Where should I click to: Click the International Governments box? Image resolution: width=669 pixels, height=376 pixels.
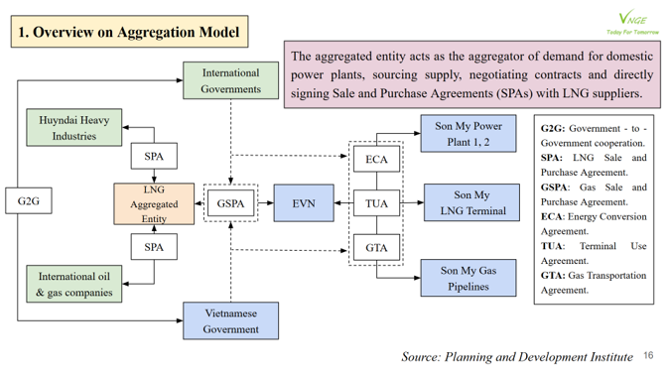[230, 80]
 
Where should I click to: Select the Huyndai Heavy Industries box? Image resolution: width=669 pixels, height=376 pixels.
[74, 128]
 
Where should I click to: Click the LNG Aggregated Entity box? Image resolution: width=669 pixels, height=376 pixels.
[154, 203]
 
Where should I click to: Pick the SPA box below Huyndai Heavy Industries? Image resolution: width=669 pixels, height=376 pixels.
[154, 156]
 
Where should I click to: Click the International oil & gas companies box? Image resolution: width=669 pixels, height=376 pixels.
[74, 284]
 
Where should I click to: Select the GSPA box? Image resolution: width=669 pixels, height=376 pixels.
[230, 204]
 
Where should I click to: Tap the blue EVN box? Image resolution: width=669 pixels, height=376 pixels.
[304, 204]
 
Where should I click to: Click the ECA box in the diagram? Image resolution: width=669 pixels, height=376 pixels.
[376, 160]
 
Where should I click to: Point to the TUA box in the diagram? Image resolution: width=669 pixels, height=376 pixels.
[376, 204]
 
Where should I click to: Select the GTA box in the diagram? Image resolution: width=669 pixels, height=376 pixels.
[376, 248]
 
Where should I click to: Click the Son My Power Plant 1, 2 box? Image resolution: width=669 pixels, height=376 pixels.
[469, 133]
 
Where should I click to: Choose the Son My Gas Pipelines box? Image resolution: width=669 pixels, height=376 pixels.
[471, 278]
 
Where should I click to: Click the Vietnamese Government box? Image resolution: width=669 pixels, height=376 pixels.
[230, 320]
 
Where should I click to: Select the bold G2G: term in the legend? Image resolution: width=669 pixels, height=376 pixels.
[553, 129]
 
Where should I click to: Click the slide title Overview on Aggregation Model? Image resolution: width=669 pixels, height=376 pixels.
[129, 33]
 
